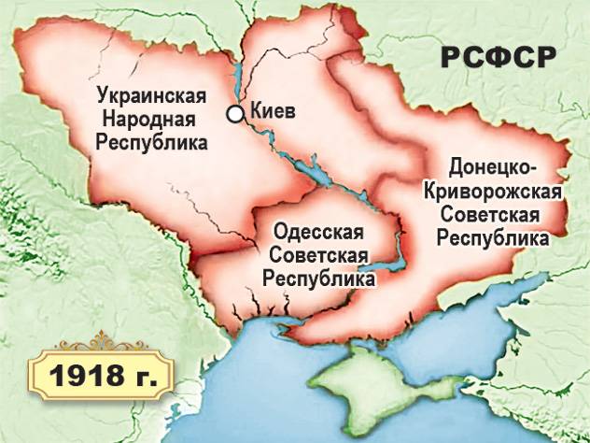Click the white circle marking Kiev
pos(236,113)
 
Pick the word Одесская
pos(318,231)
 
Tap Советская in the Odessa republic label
pos(318,255)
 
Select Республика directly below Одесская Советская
pos(318,279)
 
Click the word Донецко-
pos(493,168)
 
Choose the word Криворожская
pos(491,192)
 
